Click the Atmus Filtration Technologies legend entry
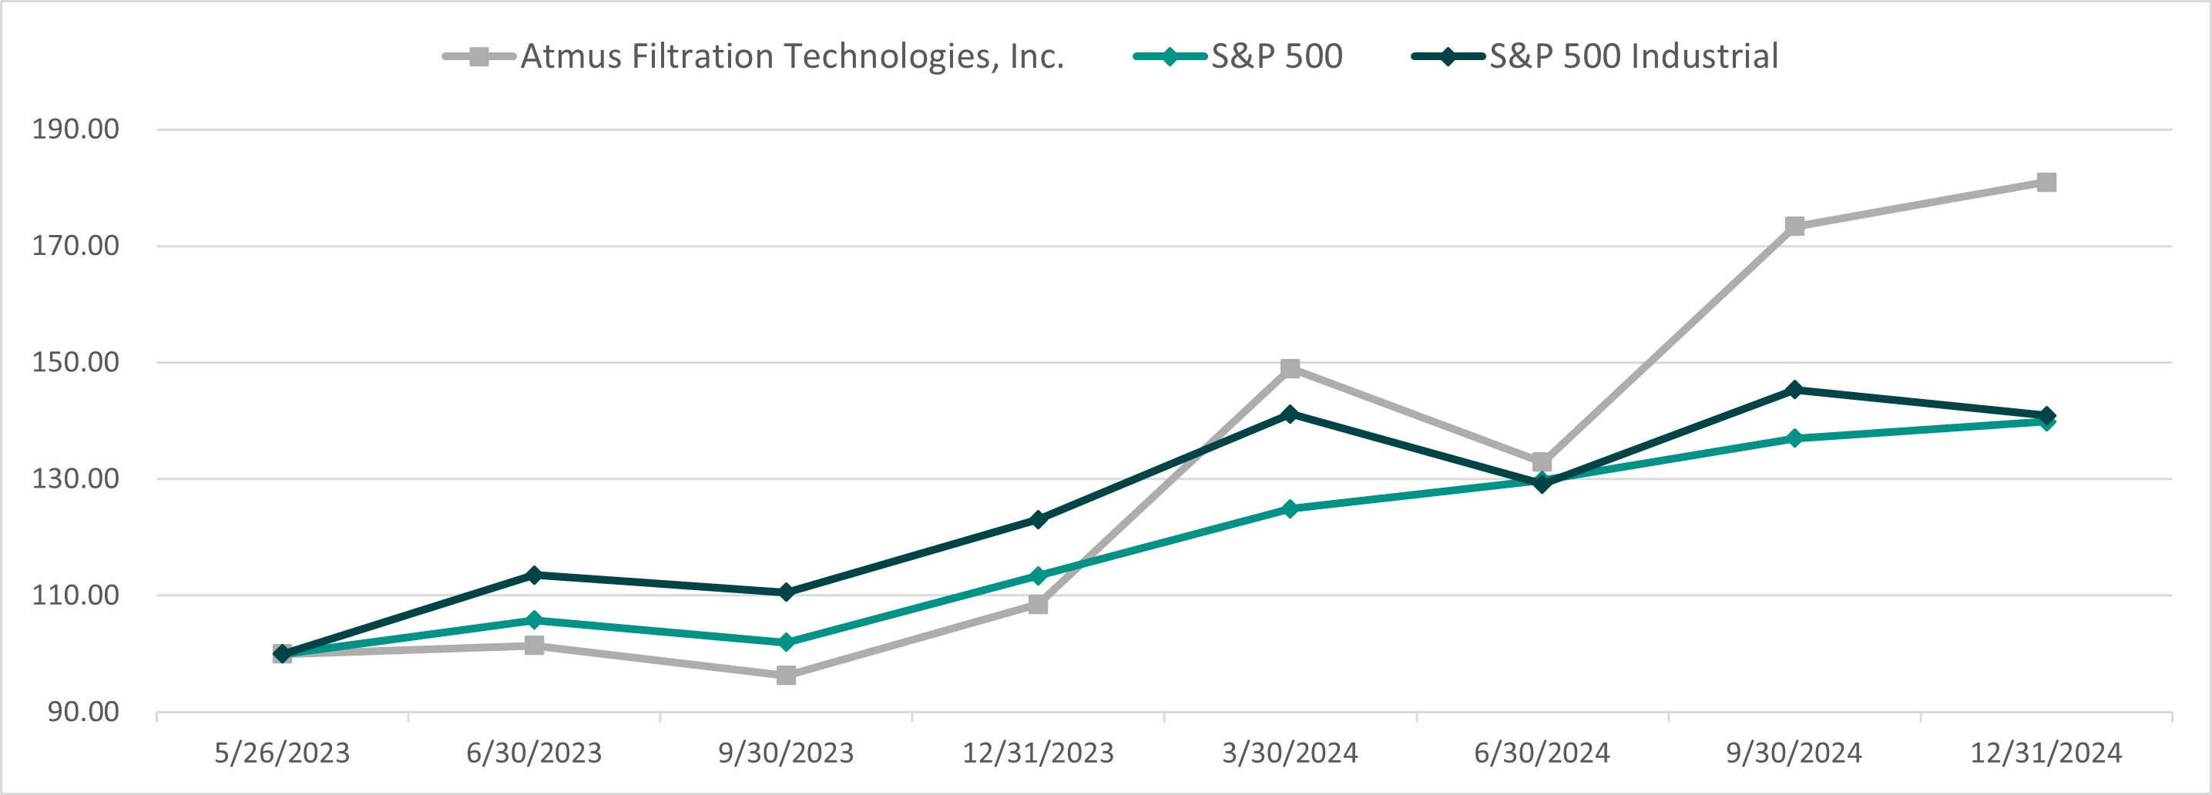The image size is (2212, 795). [x=753, y=57]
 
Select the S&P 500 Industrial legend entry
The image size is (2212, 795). [x=1596, y=57]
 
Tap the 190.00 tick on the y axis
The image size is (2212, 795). [x=76, y=129]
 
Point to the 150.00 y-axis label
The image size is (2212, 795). [x=76, y=361]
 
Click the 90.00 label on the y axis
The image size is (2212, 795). [x=83, y=711]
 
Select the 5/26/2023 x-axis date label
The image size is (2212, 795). [x=282, y=753]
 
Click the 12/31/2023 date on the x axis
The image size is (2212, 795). [x=1037, y=753]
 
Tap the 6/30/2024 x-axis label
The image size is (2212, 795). [x=1542, y=753]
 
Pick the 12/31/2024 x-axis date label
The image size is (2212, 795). [x=2046, y=753]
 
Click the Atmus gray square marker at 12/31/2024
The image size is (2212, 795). [x=2046, y=182]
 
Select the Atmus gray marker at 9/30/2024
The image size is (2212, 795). [x=1794, y=226]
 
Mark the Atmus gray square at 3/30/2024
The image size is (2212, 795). [x=1290, y=368]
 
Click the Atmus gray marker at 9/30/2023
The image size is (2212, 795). [x=786, y=676]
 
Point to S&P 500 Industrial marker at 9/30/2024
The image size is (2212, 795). [x=1794, y=390]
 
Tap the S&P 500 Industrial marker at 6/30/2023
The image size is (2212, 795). [x=533, y=575]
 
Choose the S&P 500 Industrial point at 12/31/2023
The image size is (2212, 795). [x=1037, y=519]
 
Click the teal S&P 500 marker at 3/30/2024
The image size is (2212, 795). [x=1290, y=508]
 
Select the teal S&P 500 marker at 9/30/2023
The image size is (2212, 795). [x=786, y=642]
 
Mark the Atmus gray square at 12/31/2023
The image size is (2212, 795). [x=1037, y=605]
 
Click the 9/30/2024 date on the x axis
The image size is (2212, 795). [x=1794, y=753]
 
